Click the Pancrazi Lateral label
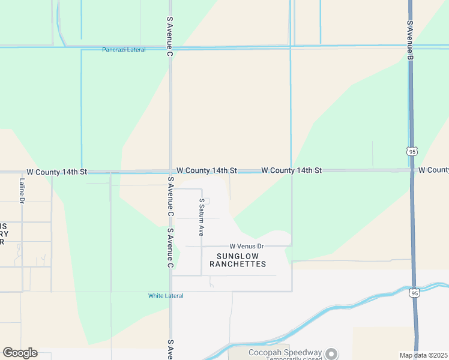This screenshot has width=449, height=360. tap(124, 50)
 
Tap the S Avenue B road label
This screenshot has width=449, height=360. tap(410, 40)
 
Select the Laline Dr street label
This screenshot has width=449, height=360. tap(22, 190)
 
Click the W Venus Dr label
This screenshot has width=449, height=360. tap(246, 247)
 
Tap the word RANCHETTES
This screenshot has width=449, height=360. tap(237, 264)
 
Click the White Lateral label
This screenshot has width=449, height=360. tap(166, 296)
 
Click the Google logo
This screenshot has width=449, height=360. tap(20, 353)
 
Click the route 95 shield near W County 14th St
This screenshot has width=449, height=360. tap(412, 152)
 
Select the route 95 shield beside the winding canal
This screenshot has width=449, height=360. tap(415, 293)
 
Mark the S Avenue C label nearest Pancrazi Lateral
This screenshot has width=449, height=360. tap(170, 37)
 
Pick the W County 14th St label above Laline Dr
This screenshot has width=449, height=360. tap(57, 172)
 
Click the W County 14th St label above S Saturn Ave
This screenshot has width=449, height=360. tap(206, 171)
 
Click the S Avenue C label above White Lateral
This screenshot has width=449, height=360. tap(170, 248)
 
